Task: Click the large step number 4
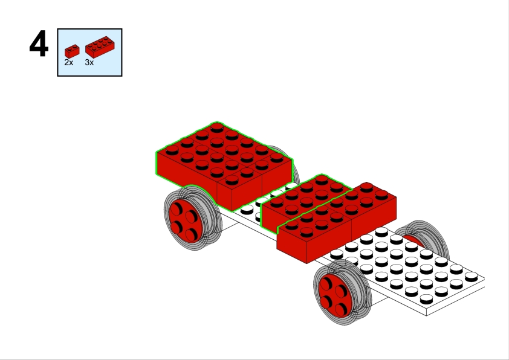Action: [39, 43]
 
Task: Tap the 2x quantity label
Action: [69, 63]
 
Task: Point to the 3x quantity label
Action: [89, 63]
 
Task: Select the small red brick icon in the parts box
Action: [72, 51]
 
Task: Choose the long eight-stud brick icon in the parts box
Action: [100, 47]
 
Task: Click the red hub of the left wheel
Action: [186, 221]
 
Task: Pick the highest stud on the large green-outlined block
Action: [217, 126]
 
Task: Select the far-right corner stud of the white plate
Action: [471, 277]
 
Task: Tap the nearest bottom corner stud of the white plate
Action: [426, 299]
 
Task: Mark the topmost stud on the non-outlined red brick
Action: [366, 187]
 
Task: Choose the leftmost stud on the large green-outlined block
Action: [172, 150]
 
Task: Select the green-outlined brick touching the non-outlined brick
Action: [305, 201]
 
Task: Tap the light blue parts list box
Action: [89, 53]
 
